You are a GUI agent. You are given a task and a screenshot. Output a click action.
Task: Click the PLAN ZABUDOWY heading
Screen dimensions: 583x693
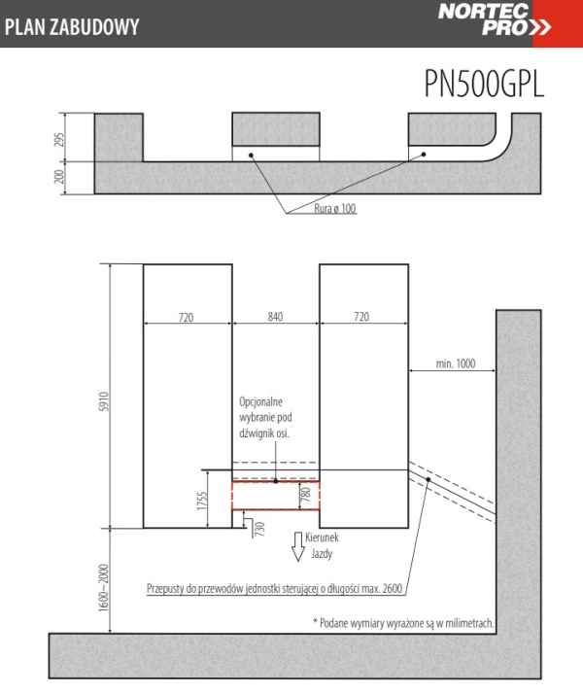pos(72,26)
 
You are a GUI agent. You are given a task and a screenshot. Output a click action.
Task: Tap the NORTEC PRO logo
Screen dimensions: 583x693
pos(495,19)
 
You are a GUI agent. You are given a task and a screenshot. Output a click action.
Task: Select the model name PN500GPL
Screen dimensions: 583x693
pos(484,84)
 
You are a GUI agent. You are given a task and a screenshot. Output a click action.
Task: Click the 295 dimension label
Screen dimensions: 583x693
pos(59,139)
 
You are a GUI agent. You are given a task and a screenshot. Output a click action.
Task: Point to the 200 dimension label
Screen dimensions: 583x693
pos(59,177)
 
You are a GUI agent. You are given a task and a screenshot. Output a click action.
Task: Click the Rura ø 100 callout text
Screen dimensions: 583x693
pos(335,208)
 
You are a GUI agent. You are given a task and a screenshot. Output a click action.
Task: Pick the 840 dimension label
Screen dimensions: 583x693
pos(275,317)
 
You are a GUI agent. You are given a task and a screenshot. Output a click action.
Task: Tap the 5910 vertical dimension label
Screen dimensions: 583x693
pos(103,401)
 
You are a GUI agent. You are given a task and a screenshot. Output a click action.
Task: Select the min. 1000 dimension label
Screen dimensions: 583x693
pos(456,364)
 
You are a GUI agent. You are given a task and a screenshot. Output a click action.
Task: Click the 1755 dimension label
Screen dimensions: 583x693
pos(202,501)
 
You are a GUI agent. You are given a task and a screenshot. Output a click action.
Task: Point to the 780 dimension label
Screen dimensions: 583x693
pos(306,494)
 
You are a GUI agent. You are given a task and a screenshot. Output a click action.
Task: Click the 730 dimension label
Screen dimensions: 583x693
pos(259,529)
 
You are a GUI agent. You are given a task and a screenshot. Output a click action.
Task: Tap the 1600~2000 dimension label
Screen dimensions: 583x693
pos(103,588)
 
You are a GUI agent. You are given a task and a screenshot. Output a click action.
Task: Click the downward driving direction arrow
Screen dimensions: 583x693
pos(298,546)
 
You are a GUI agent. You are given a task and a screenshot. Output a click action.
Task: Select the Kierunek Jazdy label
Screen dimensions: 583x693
pos(323,545)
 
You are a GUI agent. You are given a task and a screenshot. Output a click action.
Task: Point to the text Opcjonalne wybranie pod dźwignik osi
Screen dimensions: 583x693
pos(265,417)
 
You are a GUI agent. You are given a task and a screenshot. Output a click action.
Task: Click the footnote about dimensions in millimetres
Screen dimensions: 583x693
pos(403,623)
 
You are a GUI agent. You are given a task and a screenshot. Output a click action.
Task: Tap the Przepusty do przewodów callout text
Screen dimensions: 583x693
pos(274,589)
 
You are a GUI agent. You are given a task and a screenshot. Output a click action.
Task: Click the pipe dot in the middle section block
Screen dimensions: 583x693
pos(251,156)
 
